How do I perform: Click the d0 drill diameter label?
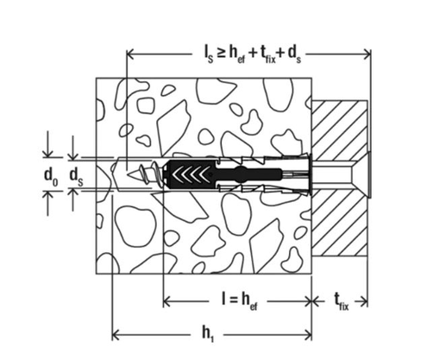pos(52,175)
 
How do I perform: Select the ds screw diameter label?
pos(76,176)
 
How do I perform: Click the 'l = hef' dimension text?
pos(237,300)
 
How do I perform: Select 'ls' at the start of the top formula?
pos(199,54)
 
